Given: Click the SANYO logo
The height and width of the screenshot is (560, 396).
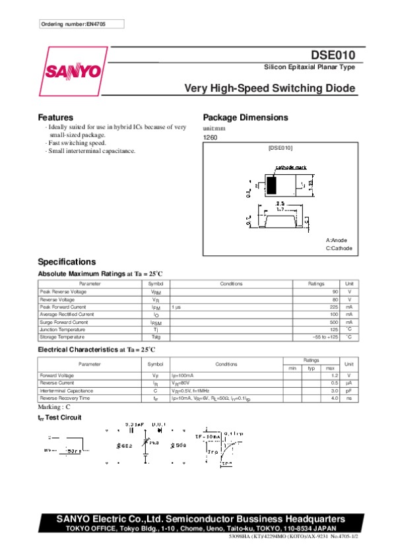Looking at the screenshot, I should pyautogui.click(x=73, y=71).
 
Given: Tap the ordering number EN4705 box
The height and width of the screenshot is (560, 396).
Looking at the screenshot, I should pyautogui.click(x=81, y=24).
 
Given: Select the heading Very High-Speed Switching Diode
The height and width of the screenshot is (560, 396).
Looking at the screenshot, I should pyautogui.click(x=269, y=88).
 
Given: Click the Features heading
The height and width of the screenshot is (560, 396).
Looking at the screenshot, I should pyautogui.click(x=55, y=117).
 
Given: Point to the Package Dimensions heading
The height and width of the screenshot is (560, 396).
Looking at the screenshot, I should pyautogui.click(x=246, y=117).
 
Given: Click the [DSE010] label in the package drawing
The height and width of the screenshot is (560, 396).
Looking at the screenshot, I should pyautogui.click(x=280, y=148).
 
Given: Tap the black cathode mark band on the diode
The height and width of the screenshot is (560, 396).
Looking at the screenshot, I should pyautogui.click(x=271, y=183).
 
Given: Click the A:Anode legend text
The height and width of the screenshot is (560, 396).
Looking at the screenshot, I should pyautogui.click(x=337, y=240).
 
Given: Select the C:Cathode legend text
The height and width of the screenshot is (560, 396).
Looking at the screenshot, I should pyautogui.click(x=339, y=249).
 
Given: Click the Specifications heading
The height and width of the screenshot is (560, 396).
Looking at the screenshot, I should pyautogui.click(x=67, y=262).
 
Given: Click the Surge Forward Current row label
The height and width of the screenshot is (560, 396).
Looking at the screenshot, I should pyautogui.click(x=64, y=322).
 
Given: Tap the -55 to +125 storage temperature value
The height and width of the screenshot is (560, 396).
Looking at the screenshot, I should pyautogui.click(x=325, y=337).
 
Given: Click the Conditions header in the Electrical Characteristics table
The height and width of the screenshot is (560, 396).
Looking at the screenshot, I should pyautogui.click(x=226, y=363).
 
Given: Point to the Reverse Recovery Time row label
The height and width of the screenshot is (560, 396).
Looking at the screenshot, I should pyautogui.click(x=65, y=398).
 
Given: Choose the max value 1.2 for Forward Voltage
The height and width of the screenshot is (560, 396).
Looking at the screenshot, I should pyautogui.click(x=334, y=375).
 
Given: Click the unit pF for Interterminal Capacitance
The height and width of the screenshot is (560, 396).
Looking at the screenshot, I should pyautogui.click(x=349, y=390).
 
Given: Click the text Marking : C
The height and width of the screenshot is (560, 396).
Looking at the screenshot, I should pyautogui.click(x=54, y=408).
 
